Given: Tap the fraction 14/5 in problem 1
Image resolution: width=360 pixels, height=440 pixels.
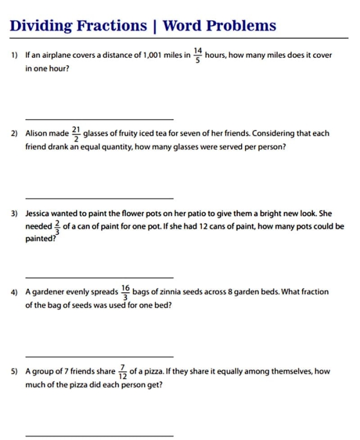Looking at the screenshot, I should pos(197,55).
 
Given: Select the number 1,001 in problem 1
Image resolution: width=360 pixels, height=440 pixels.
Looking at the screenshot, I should pos(150,55).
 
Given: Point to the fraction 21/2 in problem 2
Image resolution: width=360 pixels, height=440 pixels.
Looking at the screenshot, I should pos(76,133).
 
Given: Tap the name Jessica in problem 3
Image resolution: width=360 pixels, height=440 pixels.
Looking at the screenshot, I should pos(39,213).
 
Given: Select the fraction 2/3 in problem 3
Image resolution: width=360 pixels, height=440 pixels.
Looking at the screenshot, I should pos(57,226).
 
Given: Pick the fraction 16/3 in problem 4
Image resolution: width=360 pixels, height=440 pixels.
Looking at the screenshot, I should pos(125,292).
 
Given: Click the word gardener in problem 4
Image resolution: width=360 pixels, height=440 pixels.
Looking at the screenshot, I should pos(49,292).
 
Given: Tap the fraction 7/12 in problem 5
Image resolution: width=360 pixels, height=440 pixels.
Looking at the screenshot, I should pos(122,371).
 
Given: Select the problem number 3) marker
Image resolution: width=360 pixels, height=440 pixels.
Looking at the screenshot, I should pos(15,213).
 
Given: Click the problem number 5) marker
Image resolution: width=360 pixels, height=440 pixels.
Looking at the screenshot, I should pos(15,371).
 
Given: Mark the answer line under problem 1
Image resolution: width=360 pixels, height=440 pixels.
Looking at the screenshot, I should pos(99,119).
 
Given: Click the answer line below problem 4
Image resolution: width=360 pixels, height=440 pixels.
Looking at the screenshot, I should pos(99,356).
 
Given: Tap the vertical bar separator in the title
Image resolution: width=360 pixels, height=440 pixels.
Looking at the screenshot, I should pos(155,26).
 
